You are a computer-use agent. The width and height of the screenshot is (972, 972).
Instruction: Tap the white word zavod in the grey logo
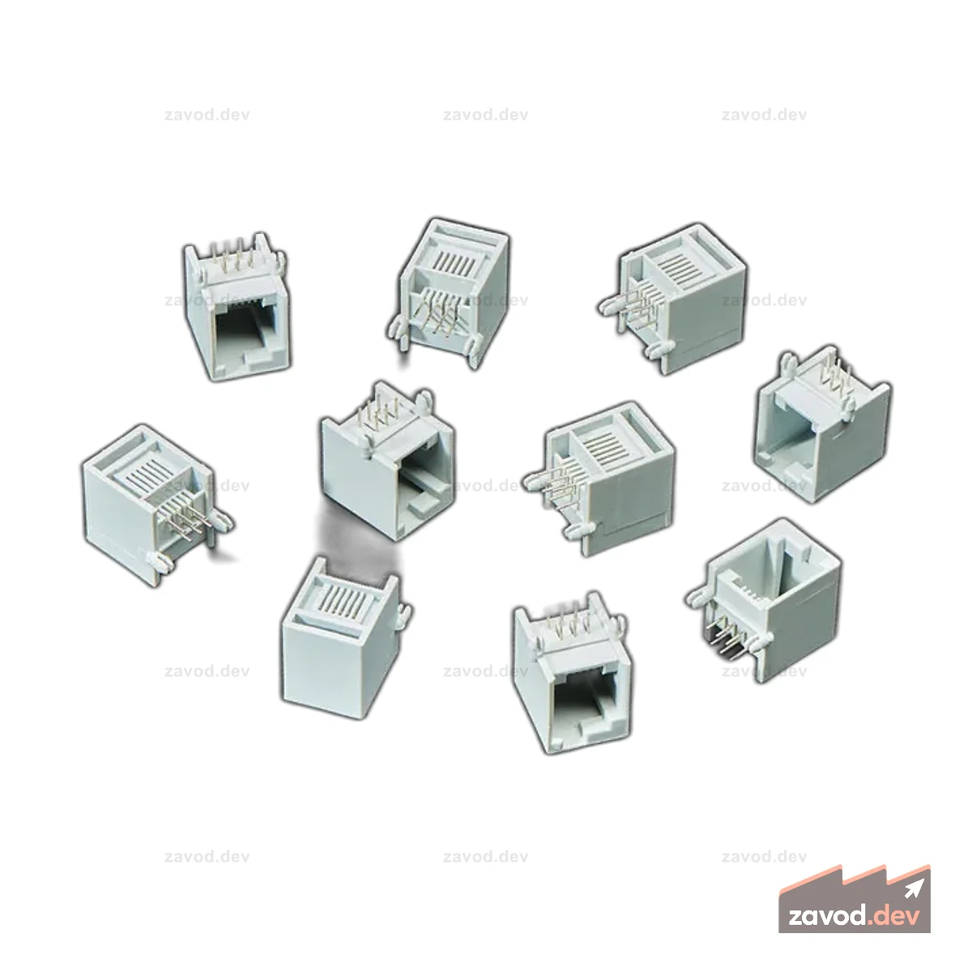[x=828, y=916]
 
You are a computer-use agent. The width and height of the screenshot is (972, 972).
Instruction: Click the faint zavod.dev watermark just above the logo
[x=764, y=856]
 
